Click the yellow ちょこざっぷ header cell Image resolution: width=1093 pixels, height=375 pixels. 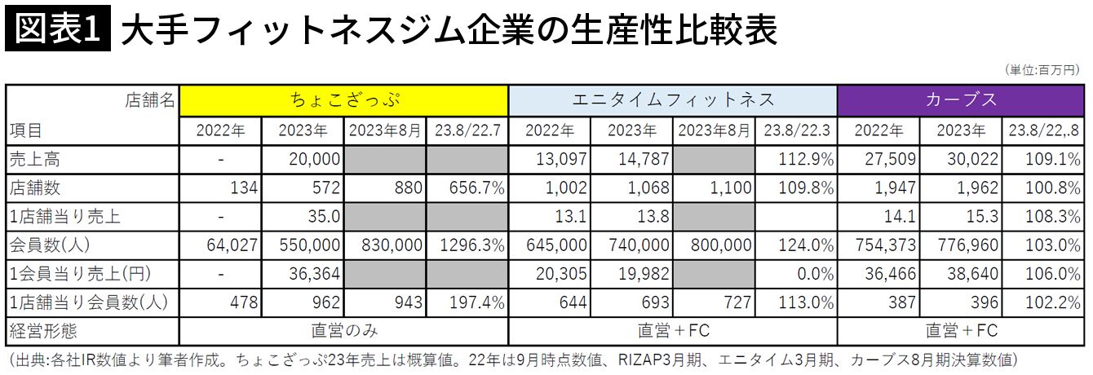click(x=343, y=100)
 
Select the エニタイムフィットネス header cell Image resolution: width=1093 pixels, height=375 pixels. click(x=673, y=100)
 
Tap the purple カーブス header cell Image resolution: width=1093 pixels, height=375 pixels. click(x=961, y=100)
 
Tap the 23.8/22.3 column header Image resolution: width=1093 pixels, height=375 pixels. click(x=795, y=130)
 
